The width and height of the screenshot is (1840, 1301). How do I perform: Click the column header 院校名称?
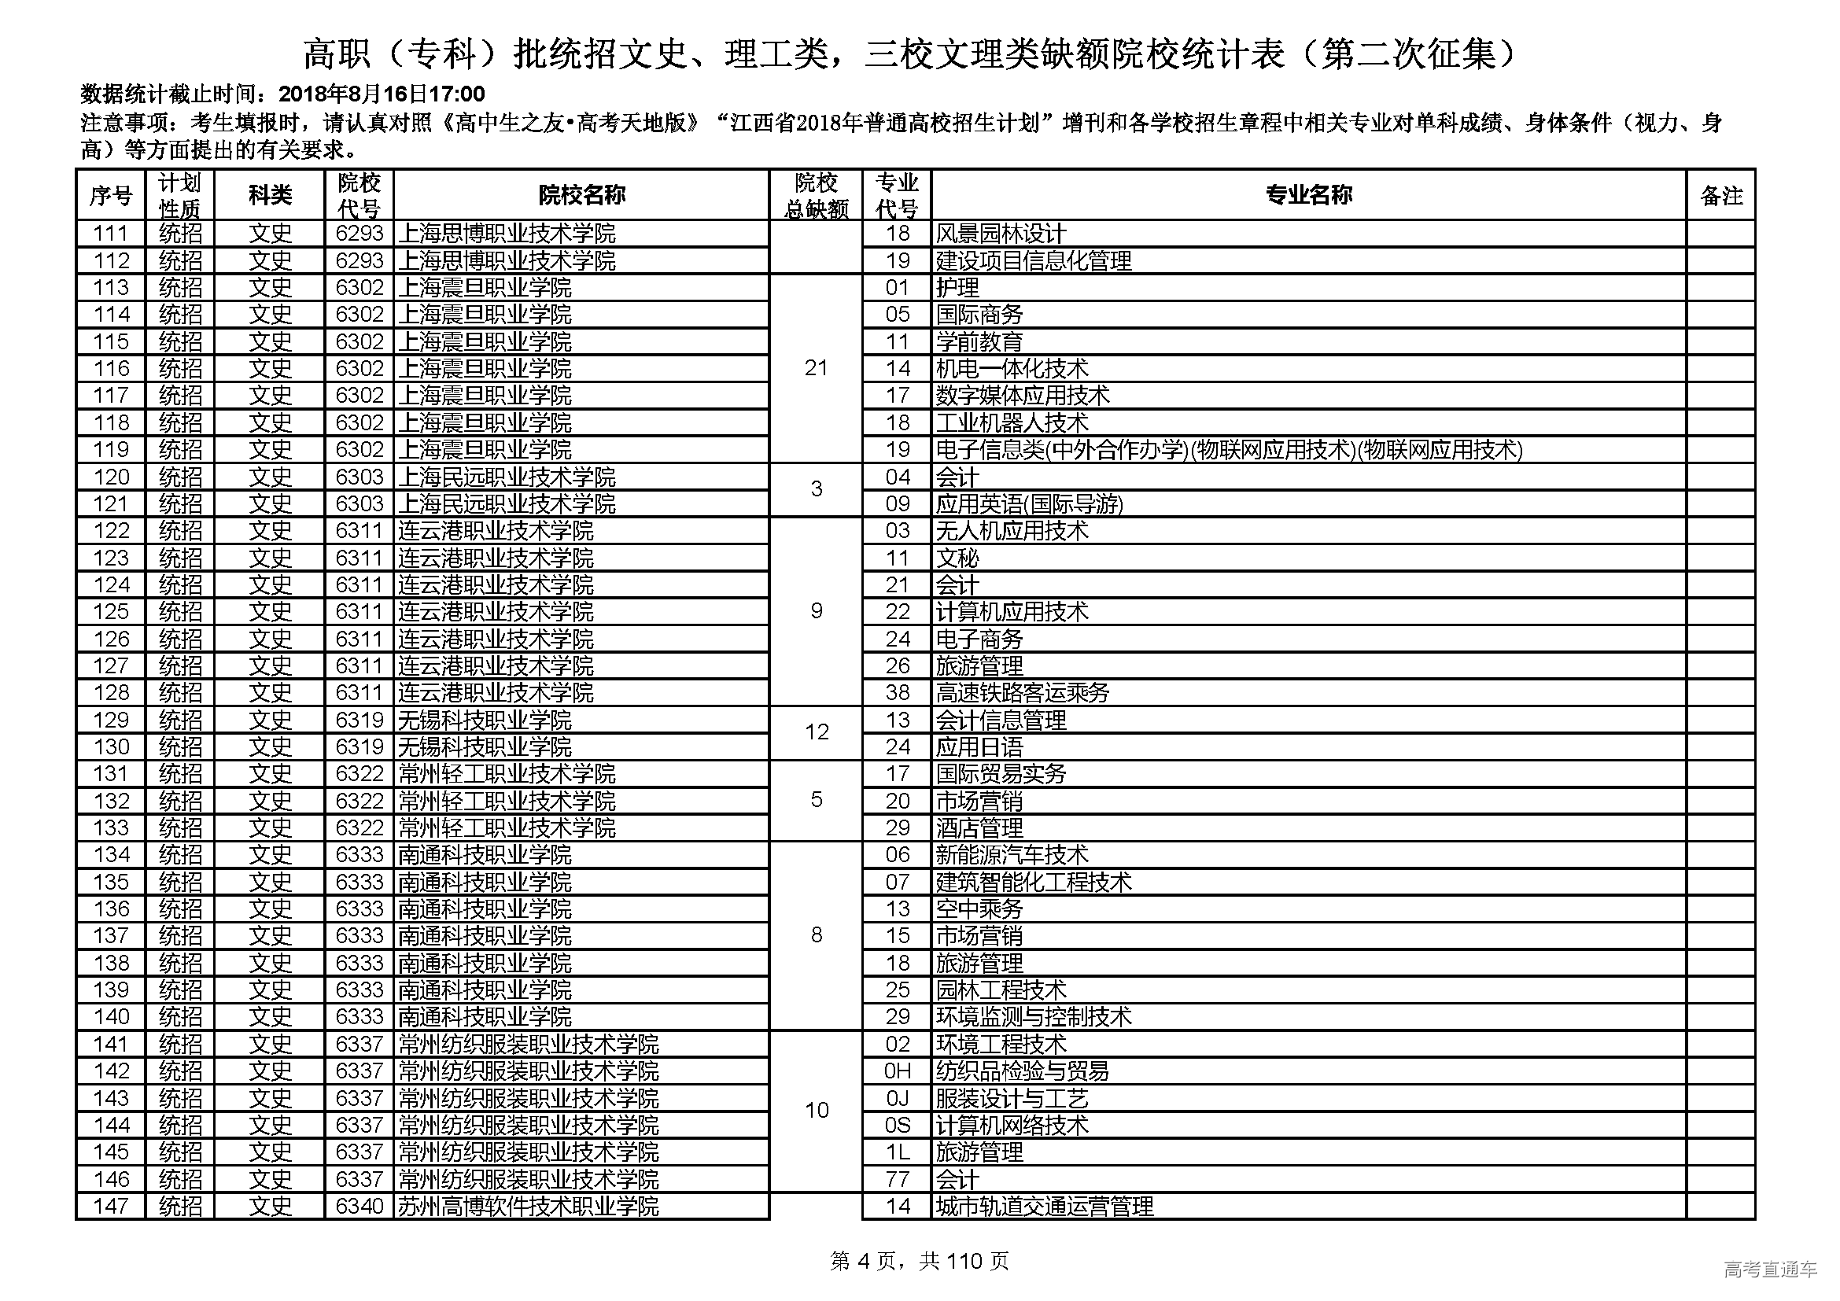pyautogui.click(x=581, y=194)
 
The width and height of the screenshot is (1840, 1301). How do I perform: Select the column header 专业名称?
pyautogui.click(x=1308, y=194)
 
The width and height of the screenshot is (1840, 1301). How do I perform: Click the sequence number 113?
pyautogui.click(x=111, y=288)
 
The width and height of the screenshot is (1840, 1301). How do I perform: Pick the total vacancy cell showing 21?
pyautogui.click(x=816, y=368)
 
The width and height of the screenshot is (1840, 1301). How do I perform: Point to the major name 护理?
pyautogui.click(x=957, y=288)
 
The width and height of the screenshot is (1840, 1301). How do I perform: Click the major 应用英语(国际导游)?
pyautogui.click(x=1029, y=504)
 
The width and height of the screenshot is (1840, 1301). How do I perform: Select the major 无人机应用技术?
pyautogui.click(x=1012, y=531)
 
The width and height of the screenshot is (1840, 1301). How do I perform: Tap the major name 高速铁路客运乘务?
pyautogui.click(x=1023, y=693)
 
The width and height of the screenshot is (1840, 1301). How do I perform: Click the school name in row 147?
pyautogui.click(x=528, y=1207)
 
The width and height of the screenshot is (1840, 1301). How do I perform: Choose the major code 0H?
pyautogui.click(x=898, y=1071)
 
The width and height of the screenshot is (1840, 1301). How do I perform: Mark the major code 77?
pyautogui.click(x=898, y=1179)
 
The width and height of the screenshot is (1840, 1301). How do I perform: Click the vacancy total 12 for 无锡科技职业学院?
pyautogui.click(x=816, y=732)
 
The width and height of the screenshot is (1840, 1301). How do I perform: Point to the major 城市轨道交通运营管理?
pyautogui.click(x=1044, y=1207)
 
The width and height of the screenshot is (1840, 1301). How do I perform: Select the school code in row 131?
pyautogui.click(x=359, y=774)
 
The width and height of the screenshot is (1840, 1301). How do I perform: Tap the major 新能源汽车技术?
pyautogui.click(x=1012, y=855)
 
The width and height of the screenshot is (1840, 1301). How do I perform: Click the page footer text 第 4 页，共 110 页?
pyautogui.click(x=919, y=1262)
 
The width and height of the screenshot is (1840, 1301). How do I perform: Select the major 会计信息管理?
pyautogui.click(x=1001, y=721)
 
